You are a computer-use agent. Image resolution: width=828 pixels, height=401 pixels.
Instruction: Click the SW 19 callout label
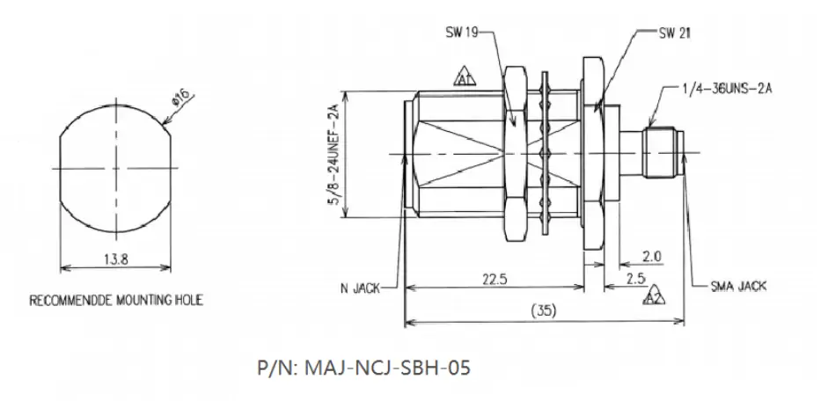coord(462,33)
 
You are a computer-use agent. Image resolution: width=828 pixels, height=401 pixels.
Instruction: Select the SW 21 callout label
coord(675,33)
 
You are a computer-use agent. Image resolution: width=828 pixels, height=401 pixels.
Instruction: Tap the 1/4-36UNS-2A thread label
coord(726,89)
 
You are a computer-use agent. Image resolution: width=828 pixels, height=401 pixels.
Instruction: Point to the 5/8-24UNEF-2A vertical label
coord(333,155)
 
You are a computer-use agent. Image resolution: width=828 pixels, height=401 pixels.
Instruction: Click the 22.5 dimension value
coord(495,279)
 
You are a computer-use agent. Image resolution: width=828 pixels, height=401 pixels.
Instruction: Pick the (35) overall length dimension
coord(544,310)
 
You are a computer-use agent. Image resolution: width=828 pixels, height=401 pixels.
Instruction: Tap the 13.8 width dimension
coord(115,259)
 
